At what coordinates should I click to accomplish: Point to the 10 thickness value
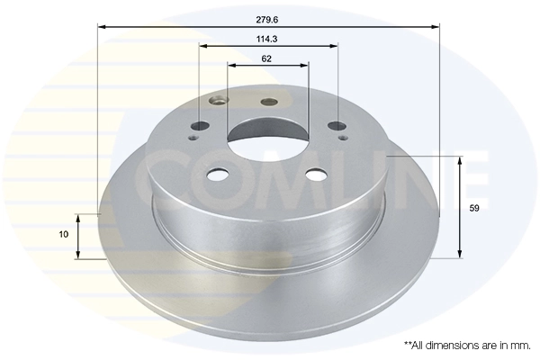click(63, 234)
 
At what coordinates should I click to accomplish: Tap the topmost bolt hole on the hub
click(268, 102)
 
